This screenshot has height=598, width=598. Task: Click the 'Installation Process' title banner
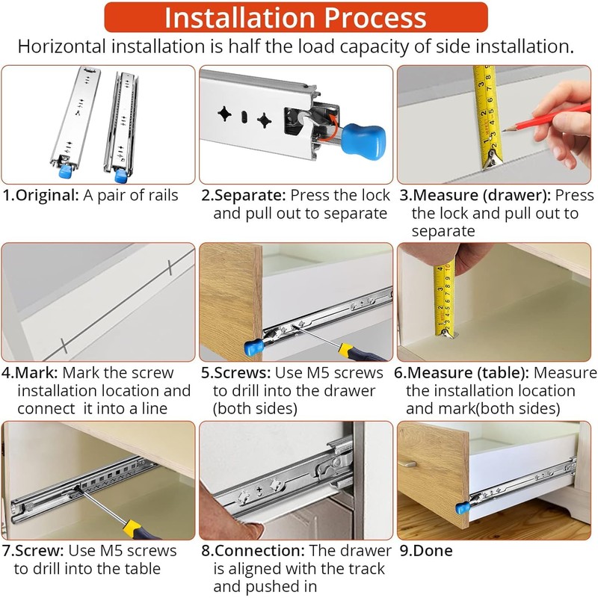point(296,17)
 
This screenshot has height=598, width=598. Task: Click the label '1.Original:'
point(40,195)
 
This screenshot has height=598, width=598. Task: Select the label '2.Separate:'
point(244,195)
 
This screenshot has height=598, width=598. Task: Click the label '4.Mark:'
point(30,372)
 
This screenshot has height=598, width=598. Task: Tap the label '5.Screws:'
point(235,372)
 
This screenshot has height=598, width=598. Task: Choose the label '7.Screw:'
point(33,551)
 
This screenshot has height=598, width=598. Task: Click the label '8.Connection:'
point(253,551)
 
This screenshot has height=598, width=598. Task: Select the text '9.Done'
point(426,551)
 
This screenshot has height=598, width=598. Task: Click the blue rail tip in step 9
point(463,508)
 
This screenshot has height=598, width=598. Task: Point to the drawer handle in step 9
point(407,463)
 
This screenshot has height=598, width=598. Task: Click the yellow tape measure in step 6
point(445,300)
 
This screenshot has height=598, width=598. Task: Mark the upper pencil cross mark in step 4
point(170,268)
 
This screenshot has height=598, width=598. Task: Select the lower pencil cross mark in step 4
point(64,345)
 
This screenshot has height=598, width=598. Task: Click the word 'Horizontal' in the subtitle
point(62,46)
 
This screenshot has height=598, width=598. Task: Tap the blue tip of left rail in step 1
point(66,172)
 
